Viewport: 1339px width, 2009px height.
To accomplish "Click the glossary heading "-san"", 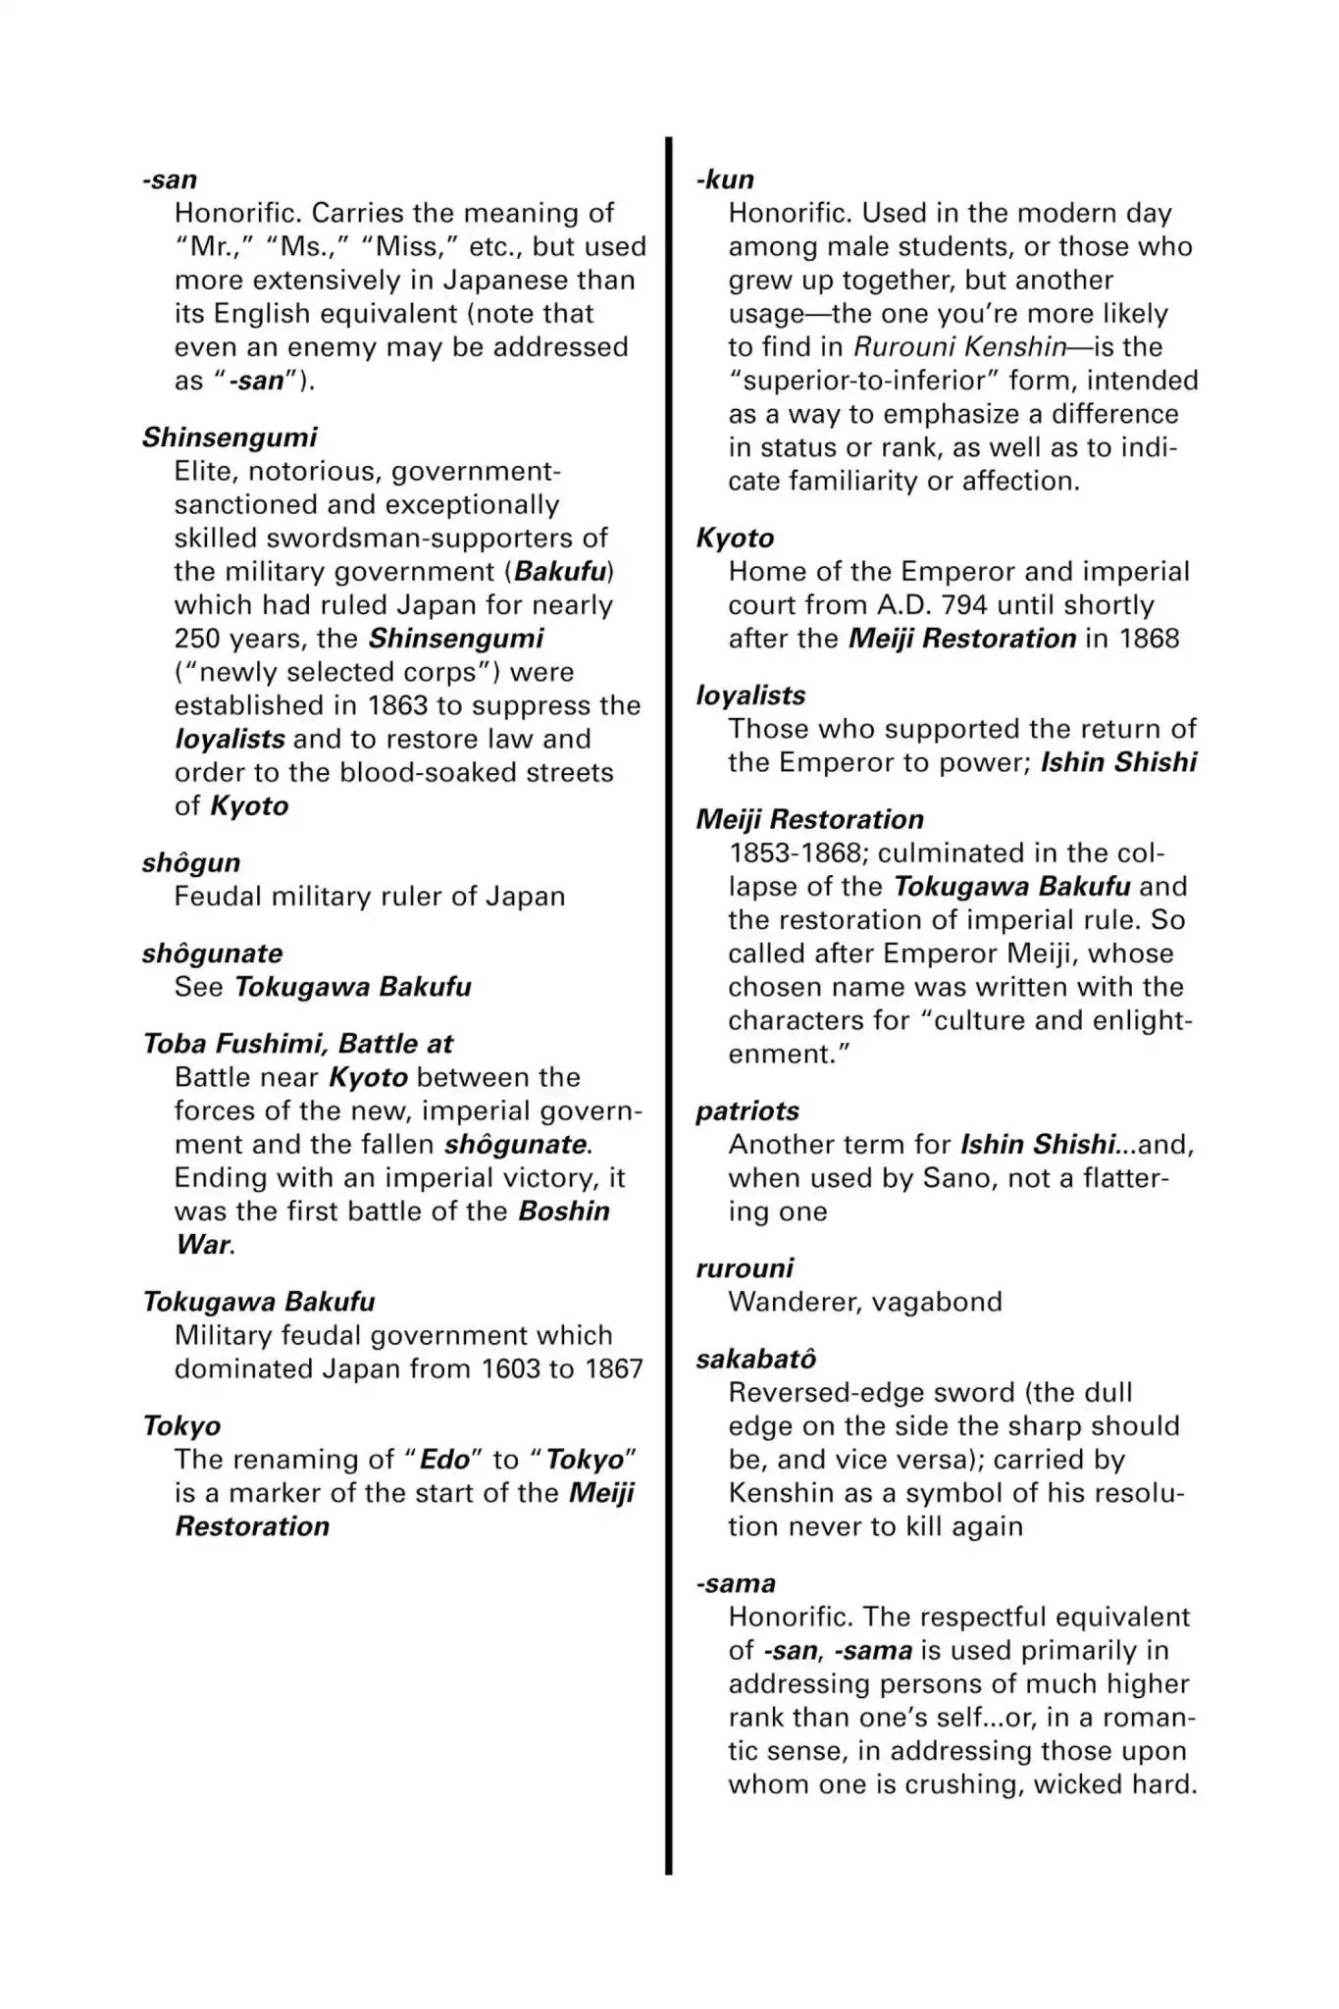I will point(169,180).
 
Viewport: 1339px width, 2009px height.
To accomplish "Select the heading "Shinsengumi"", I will point(230,438).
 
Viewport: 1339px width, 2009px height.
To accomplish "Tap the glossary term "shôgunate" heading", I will point(212,953).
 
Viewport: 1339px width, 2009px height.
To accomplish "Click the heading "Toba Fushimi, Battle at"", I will point(297,1044).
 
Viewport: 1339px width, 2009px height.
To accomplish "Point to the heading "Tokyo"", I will point(181,1425).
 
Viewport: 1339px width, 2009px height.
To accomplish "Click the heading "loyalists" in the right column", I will point(750,695).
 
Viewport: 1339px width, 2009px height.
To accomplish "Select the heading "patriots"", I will point(747,1111).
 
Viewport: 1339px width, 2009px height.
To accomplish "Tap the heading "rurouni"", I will point(745,1268).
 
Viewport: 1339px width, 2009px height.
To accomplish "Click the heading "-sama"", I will point(735,1583).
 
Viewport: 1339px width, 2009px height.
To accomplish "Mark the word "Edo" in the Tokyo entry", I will point(444,1460).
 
